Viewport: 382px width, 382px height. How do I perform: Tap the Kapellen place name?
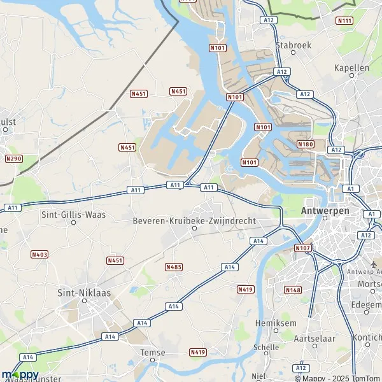pos(351,67)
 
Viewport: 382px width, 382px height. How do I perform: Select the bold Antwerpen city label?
pos(325,210)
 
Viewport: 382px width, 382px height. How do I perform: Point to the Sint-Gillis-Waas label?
pos(73,215)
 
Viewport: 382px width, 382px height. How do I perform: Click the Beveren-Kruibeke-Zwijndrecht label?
pos(194,220)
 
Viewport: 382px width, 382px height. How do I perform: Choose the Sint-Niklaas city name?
pos(84,293)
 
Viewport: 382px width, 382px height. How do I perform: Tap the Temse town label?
pos(152,353)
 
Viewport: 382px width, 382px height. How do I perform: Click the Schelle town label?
pos(265,348)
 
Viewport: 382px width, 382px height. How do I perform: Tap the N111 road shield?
pos(344,21)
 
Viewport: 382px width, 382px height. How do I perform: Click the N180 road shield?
pos(305,145)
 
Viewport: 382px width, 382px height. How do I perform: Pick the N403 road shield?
pos(39,254)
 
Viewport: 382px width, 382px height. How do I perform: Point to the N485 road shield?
pos(173,267)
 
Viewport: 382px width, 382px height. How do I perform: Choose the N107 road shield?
pos(302,248)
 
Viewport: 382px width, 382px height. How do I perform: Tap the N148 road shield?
pos(293,290)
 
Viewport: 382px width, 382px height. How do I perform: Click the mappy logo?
pos(20,374)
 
